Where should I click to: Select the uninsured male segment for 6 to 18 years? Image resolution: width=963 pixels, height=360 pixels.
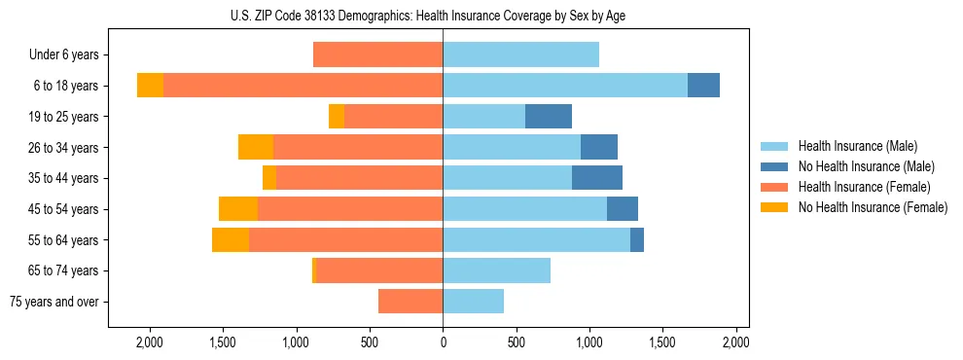click(x=703, y=86)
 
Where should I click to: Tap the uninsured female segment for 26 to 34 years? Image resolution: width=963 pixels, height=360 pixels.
click(x=256, y=147)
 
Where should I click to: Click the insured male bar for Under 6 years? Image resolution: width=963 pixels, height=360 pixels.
click(x=520, y=54)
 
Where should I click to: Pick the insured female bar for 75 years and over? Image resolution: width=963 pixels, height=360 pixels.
click(x=410, y=302)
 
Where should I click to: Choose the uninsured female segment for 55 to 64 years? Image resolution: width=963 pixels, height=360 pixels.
click(x=231, y=239)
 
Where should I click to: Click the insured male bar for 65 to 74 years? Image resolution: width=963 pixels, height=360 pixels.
click(x=496, y=270)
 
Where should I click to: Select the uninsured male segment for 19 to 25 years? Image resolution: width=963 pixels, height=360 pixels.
click(x=549, y=117)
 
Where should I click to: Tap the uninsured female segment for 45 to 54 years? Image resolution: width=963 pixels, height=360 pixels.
click(x=238, y=209)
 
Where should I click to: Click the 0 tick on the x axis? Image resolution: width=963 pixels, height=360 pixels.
click(x=443, y=342)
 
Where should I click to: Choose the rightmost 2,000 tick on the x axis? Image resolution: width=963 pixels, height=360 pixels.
click(x=735, y=342)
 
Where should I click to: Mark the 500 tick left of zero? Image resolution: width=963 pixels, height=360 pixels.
click(x=370, y=342)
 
